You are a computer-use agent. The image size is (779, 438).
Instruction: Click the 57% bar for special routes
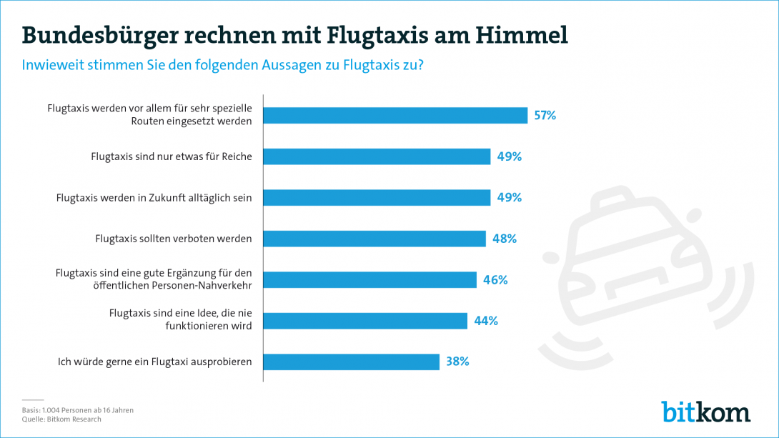(x=395, y=115)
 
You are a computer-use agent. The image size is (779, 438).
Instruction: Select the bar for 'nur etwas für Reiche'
(x=377, y=156)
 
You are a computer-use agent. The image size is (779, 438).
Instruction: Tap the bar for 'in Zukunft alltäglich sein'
(x=377, y=197)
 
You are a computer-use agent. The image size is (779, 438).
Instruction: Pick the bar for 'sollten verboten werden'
(x=374, y=239)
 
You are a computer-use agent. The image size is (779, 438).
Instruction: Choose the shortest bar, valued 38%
(x=351, y=362)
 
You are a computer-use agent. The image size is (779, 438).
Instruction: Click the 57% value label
(x=545, y=115)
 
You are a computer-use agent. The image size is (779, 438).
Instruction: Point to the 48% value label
(x=504, y=239)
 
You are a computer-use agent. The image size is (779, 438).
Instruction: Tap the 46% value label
(x=495, y=280)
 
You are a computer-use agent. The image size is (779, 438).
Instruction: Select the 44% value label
(x=485, y=321)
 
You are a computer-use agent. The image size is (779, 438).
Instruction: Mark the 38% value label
(x=457, y=362)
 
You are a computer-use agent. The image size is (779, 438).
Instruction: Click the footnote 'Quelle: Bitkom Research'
(x=61, y=419)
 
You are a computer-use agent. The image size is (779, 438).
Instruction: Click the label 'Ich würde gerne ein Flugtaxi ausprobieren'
(x=155, y=362)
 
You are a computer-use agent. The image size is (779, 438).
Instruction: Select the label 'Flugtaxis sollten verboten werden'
(x=174, y=239)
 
